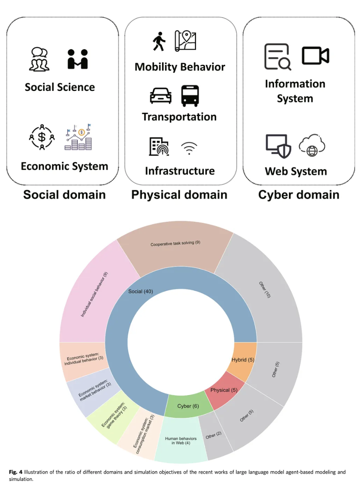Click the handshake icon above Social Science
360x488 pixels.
pyautogui.click(x=78, y=59)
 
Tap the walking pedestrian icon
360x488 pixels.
pyautogui.click(x=159, y=41)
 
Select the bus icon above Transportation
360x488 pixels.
pyautogui.click(x=190, y=96)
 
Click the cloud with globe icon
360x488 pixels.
pyautogui.click(x=312, y=146)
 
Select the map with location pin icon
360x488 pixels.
pyautogui.click(x=185, y=41)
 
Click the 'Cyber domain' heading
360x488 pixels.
pyautogui.click(x=299, y=195)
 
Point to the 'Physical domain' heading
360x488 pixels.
pyautogui.click(x=179, y=195)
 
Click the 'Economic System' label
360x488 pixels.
pyautogui.click(x=64, y=166)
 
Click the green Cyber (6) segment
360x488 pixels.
pyautogui.click(x=188, y=406)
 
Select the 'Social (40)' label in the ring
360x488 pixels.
pyautogui.click(x=141, y=291)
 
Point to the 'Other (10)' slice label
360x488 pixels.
pyautogui.click(x=264, y=289)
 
